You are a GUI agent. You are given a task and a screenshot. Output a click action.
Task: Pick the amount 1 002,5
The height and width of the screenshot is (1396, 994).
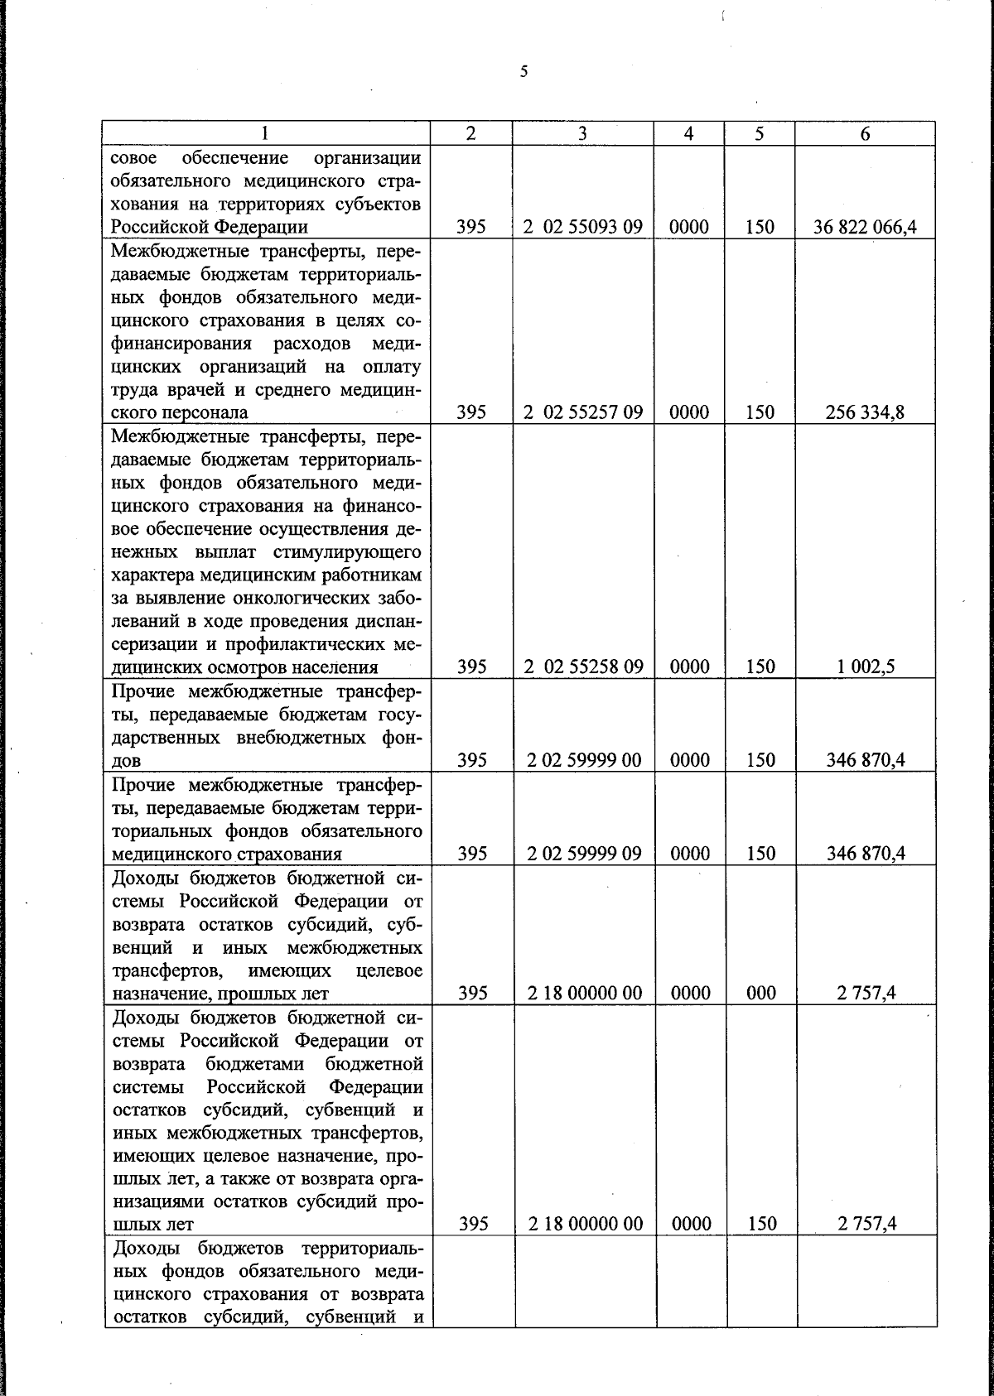coord(865,667)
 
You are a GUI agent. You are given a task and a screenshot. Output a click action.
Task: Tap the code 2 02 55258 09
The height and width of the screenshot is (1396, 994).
coord(583,667)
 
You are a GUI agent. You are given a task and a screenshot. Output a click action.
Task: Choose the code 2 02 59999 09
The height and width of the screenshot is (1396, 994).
coord(584,854)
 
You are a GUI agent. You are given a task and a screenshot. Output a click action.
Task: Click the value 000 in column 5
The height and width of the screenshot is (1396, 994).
coord(760,994)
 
